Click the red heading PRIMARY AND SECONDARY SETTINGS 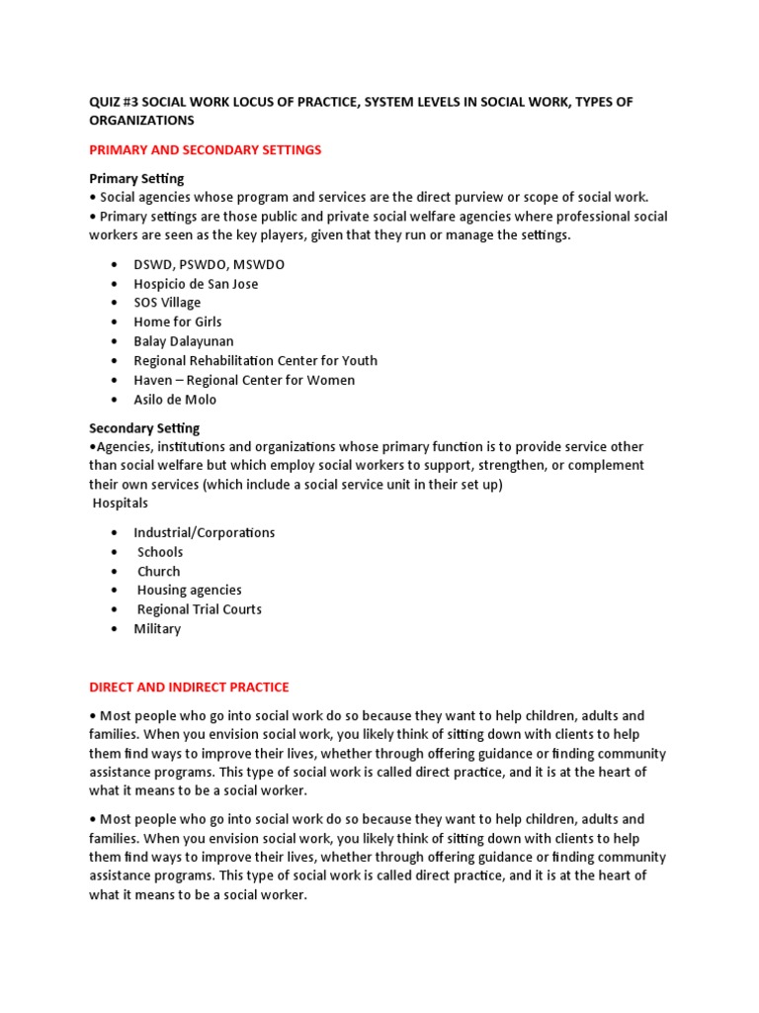(206, 149)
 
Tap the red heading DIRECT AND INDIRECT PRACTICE (189, 687)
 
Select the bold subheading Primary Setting (136, 178)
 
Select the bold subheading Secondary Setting (144, 428)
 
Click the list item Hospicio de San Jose (196, 284)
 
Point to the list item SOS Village (167, 303)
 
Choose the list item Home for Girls (178, 322)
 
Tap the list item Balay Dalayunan (184, 341)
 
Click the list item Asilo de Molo (175, 400)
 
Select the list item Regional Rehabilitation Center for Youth (255, 361)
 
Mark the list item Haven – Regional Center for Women (244, 380)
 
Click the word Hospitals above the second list (121, 504)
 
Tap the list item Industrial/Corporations (205, 532)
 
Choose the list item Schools (160, 552)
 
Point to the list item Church (159, 571)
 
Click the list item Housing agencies (189, 591)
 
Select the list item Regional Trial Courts (199, 609)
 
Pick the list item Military (157, 629)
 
